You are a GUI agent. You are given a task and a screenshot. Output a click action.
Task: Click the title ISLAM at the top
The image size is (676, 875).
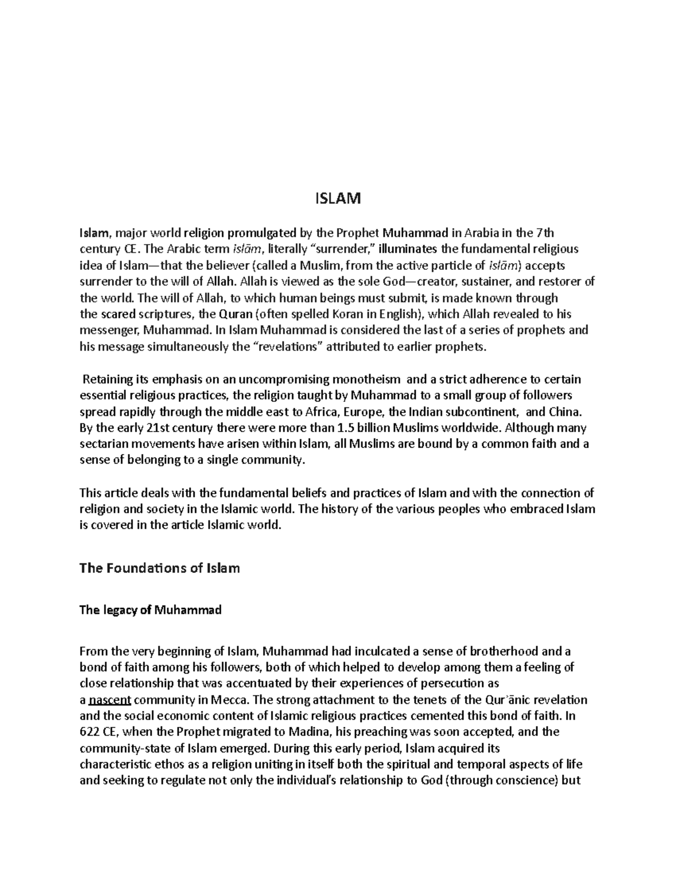tap(337, 199)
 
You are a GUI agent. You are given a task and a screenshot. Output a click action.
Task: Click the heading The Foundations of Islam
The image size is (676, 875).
tap(159, 568)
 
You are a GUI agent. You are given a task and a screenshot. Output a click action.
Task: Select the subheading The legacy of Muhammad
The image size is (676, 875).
tap(150, 610)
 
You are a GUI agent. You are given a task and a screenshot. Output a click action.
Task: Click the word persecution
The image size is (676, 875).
tap(456, 684)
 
